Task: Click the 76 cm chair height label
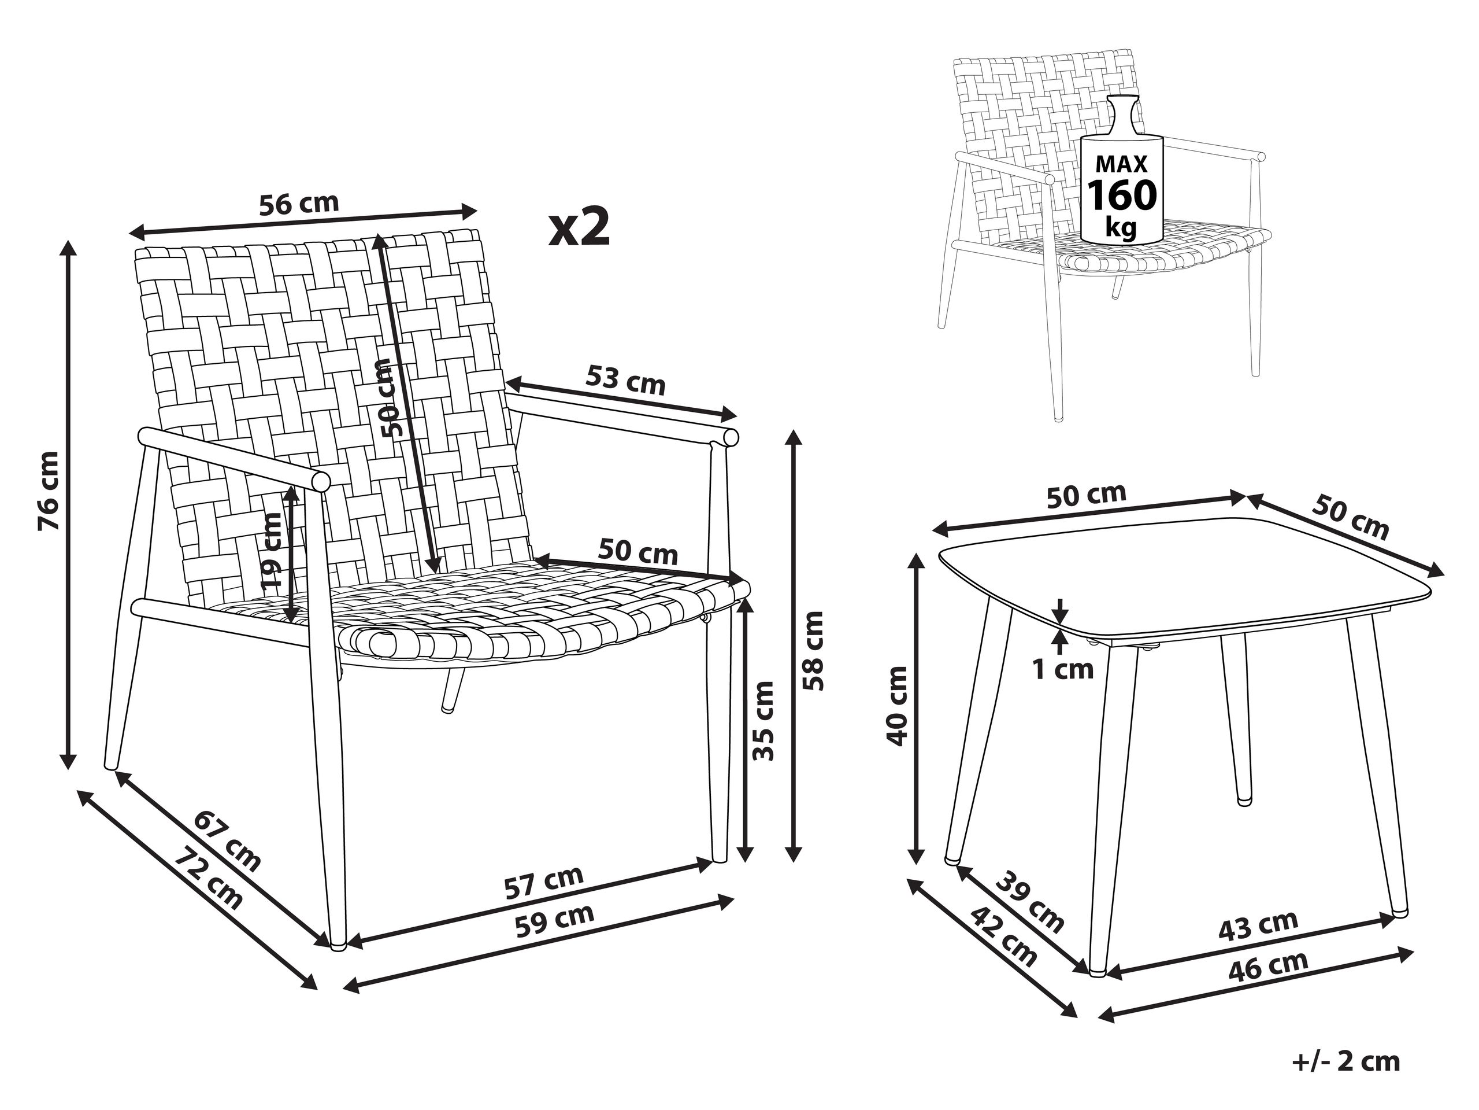(50, 491)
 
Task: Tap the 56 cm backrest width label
(299, 202)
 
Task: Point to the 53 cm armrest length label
(626, 380)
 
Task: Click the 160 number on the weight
(1122, 195)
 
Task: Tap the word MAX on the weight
(1122, 164)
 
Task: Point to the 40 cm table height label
(895, 706)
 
